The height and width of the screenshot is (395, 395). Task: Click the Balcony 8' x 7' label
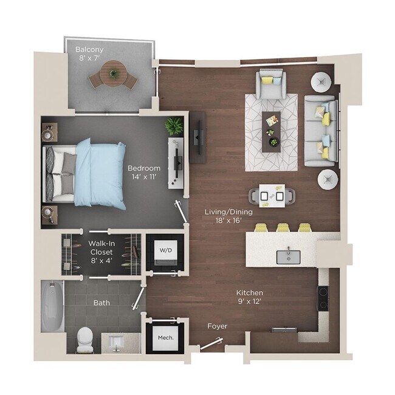tap(89, 53)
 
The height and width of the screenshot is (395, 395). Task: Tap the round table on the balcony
tap(113, 75)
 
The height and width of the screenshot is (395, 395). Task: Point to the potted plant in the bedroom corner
tap(174, 125)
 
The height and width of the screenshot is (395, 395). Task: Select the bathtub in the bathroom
tap(53, 306)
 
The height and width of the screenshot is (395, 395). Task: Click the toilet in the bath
tap(86, 340)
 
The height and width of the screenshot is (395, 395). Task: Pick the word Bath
tap(101, 302)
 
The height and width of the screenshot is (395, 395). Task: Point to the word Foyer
tap(217, 326)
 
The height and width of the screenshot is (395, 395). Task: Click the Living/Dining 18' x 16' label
tap(228, 216)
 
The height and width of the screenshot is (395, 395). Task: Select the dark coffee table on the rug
tap(272, 131)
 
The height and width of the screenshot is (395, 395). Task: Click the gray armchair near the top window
tap(270, 83)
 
